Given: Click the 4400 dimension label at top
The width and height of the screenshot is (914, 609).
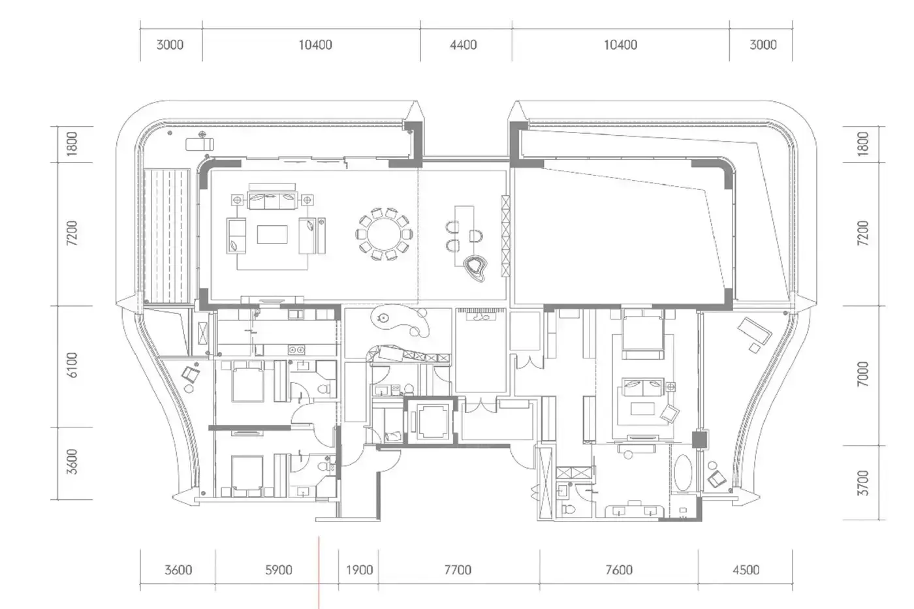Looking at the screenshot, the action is pos(463,44).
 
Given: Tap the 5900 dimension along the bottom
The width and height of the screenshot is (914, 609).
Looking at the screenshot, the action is pos(279,570).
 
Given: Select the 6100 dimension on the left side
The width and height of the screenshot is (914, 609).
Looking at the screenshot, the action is pos(72,365).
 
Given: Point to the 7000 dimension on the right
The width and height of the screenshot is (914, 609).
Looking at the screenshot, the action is pos(862,373).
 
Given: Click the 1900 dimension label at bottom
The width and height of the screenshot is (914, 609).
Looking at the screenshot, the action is pos(360,570).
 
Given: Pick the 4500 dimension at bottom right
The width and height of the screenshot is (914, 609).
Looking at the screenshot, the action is pos(746,570).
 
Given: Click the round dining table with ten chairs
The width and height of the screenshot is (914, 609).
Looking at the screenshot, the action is pos(384,234).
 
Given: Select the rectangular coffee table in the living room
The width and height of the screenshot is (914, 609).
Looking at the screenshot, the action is pos(272,234).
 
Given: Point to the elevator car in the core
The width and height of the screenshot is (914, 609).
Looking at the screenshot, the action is pos(430,422).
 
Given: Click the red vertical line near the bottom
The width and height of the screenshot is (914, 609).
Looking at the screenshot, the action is pos(319,572).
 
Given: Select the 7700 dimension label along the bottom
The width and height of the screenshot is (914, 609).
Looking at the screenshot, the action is pos(458,570).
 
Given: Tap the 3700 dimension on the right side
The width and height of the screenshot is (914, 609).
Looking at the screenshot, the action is pos(862,483).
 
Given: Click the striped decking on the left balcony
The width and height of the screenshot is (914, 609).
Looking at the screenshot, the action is pos(167,236).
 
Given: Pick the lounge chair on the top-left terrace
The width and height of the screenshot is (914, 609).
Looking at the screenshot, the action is pos(200,144).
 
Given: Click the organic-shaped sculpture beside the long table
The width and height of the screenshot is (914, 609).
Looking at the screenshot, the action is pos(475,268).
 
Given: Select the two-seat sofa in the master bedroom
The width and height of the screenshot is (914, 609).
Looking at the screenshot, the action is pos(642,387).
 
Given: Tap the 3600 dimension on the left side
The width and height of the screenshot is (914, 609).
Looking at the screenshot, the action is pos(72,461).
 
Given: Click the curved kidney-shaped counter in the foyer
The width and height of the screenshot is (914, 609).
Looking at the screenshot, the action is pos(400,320).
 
